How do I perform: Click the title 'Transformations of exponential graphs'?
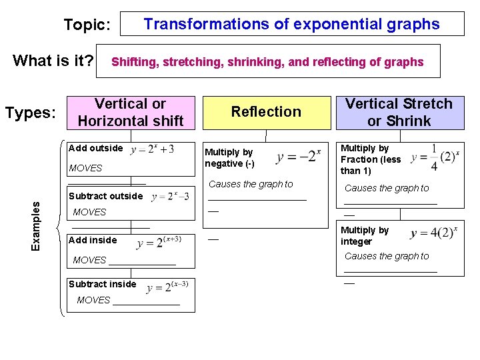pyautogui.click(x=291, y=25)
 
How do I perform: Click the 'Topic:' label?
pyautogui.click(x=87, y=25)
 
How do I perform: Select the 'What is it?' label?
pyautogui.click(x=53, y=61)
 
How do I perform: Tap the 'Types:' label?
pyautogui.click(x=30, y=113)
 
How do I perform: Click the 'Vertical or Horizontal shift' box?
pyautogui.click(x=131, y=112)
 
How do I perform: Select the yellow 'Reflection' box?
pyautogui.click(x=266, y=112)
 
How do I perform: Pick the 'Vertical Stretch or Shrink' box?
pyautogui.click(x=399, y=112)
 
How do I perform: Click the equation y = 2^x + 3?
pyautogui.click(x=153, y=149)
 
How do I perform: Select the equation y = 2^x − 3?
pyautogui.click(x=171, y=196)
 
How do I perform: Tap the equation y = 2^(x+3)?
pyautogui.click(x=159, y=241)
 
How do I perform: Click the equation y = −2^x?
pyautogui.click(x=299, y=157)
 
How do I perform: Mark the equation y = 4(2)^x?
pyautogui.click(x=434, y=233)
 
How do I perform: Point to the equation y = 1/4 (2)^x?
pyautogui.click(x=434, y=158)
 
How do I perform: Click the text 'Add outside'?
pyautogui.click(x=96, y=148)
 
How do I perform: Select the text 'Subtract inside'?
pyautogui.click(x=103, y=284)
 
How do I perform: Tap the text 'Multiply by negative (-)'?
pyautogui.click(x=230, y=158)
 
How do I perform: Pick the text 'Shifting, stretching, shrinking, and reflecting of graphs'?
pyautogui.click(x=267, y=62)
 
